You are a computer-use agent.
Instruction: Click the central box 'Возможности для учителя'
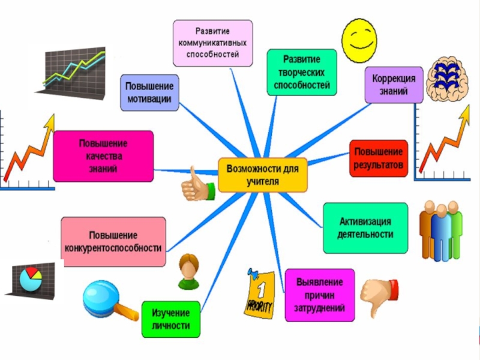click(x=262, y=175)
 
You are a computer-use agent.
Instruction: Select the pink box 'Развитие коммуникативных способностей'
click(x=213, y=43)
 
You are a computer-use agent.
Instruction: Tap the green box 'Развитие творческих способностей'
click(x=302, y=72)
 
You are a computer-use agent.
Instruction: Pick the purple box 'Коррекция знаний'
click(x=394, y=85)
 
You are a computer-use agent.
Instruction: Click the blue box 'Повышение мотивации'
click(x=150, y=92)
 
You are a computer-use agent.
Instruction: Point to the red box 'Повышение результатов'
click(x=379, y=158)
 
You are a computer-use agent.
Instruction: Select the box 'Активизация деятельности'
click(x=365, y=228)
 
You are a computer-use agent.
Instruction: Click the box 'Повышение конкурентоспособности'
click(x=114, y=242)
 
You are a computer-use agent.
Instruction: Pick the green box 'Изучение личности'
click(x=170, y=319)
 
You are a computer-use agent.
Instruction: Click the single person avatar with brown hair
click(x=189, y=272)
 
